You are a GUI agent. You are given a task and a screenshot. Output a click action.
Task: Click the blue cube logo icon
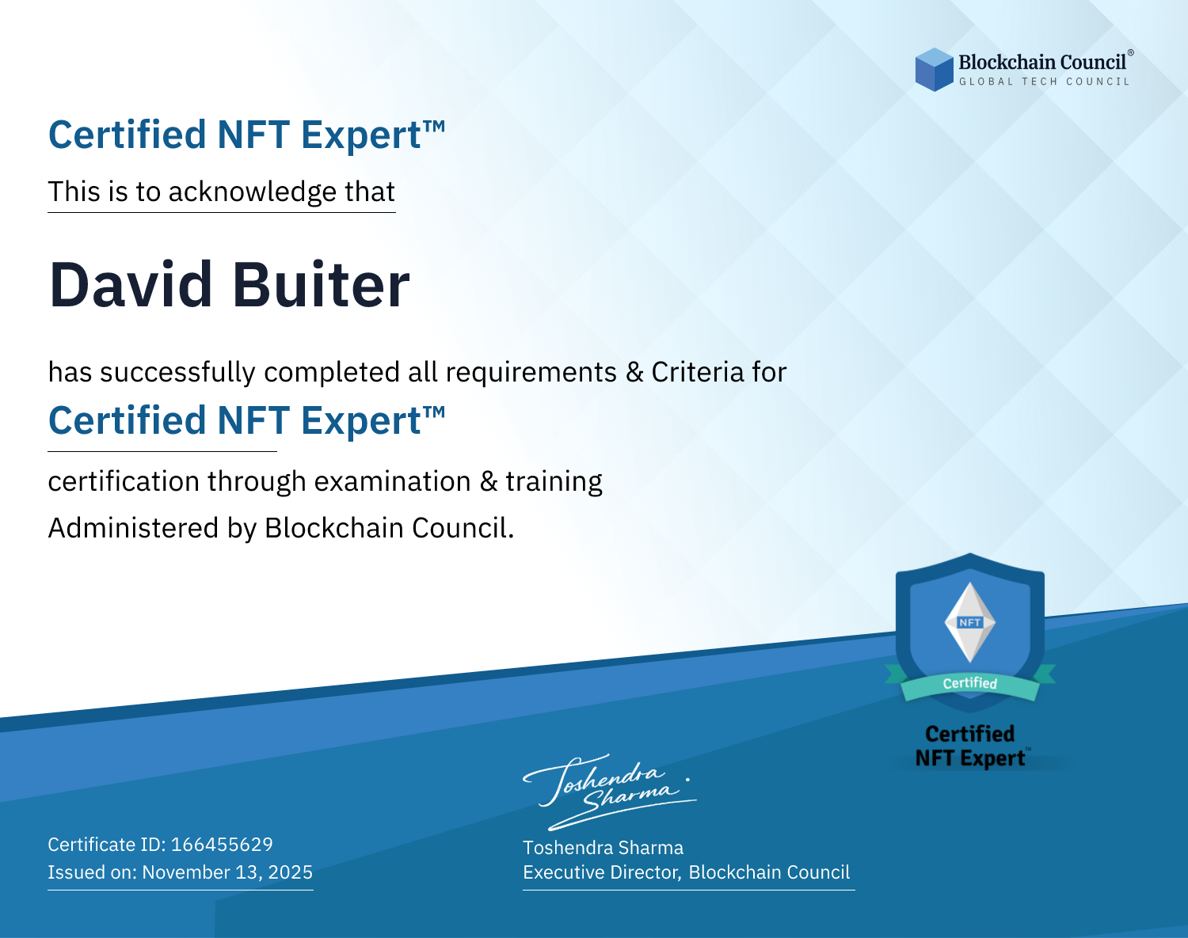point(934,70)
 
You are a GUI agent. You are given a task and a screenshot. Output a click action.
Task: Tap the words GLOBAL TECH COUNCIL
point(1045,82)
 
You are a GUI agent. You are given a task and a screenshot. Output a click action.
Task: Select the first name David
point(131,285)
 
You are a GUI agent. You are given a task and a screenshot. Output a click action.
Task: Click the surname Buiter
point(321,285)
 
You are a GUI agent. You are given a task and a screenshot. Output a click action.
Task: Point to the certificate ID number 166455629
point(222,844)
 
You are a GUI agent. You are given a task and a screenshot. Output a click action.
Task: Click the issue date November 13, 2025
point(227,872)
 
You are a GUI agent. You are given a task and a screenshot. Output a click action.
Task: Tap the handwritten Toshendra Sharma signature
point(609,792)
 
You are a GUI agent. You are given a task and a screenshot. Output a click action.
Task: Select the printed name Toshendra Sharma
point(603,848)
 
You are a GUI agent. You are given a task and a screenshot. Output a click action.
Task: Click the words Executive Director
point(601,872)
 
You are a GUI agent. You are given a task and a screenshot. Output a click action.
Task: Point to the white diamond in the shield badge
point(970,622)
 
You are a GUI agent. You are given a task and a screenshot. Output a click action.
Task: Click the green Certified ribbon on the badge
point(970,684)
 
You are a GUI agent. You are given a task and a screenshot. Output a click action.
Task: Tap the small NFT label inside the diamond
point(970,622)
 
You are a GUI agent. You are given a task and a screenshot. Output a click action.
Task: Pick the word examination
point(392,481)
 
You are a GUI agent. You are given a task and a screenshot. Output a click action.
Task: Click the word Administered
point(133,528)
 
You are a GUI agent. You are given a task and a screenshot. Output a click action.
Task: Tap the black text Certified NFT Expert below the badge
point(970,746)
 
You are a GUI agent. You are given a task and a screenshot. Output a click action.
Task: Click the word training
point(554,482)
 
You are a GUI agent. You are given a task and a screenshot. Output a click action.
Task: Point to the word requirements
point(531,373)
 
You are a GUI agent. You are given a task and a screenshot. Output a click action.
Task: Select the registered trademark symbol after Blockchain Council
point(1131,53)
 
